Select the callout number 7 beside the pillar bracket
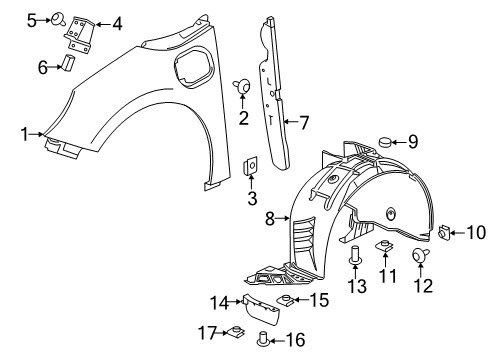click(306, 123)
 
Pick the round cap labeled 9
click(385, 143)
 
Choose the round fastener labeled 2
click(242, 86)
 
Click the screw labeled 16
click(265, 338)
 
